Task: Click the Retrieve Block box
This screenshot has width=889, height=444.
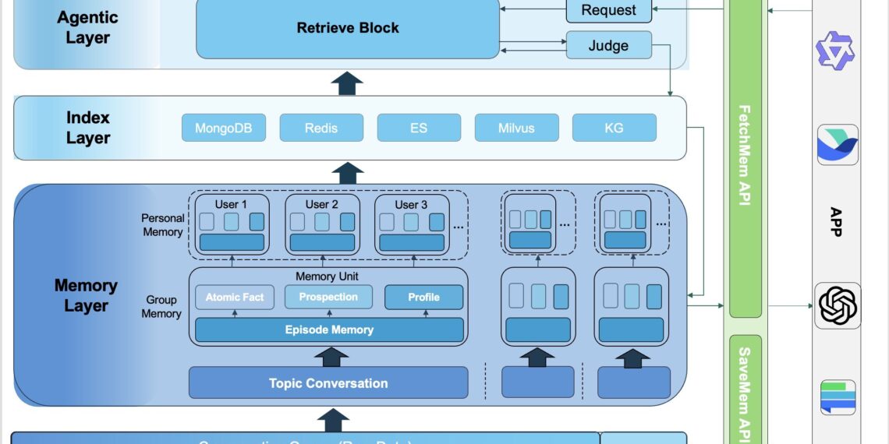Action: [x=347, y=29]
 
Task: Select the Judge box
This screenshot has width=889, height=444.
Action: [x=608, y=45]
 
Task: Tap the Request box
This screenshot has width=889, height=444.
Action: [x=608, y=11]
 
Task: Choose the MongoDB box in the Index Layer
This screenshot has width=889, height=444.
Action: [x=223, y=128]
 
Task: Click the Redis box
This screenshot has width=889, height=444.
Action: [x=321, y=128]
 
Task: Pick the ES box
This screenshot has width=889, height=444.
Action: [x=419, y=128]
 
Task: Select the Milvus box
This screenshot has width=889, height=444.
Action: [x=516, y=128]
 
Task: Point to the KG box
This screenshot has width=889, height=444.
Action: [x=614, y=128]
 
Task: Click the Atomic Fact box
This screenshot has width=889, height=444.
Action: [x=235, y=297]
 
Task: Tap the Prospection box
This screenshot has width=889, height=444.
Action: [x=328, y=297]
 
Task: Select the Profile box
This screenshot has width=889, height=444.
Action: [x=423, y=297]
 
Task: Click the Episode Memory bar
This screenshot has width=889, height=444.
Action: [x=328, y=329]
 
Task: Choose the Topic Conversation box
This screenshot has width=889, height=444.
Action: [x=328, y=383]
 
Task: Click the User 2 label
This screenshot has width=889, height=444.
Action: [x=321, y=204]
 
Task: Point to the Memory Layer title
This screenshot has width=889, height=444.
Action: [x=86, y=295]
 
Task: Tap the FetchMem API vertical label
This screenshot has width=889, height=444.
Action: [x=745, y=156]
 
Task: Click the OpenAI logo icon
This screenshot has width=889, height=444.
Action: [x=838, y=305]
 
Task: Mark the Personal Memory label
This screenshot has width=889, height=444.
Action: [x=163, y=225]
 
